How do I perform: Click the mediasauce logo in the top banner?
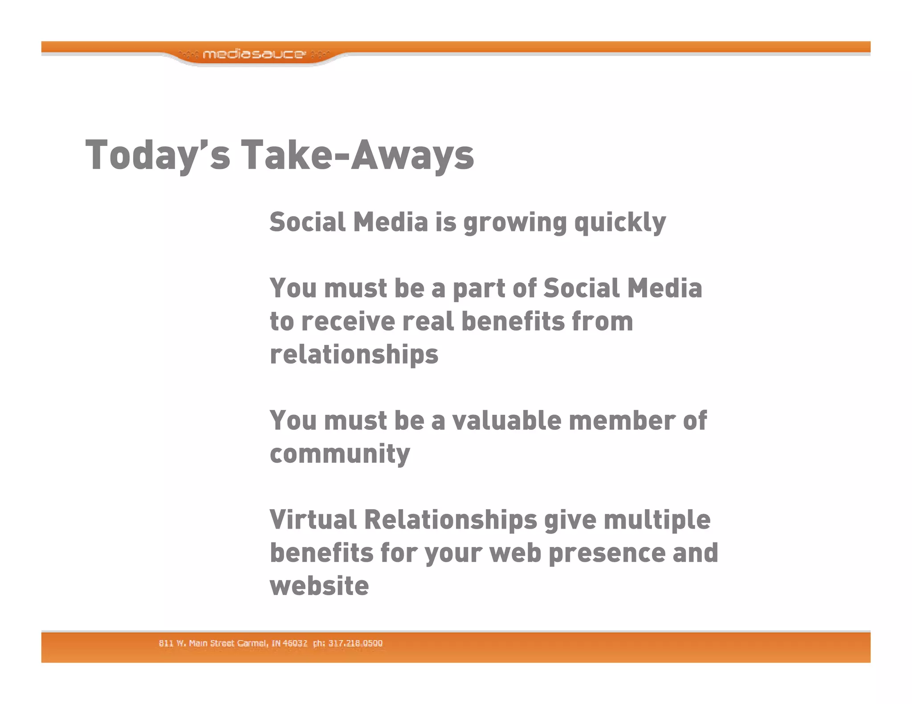point(254,54)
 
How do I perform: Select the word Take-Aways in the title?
point(357,154)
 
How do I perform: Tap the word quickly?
point(620,222)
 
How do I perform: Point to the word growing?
point(515,222)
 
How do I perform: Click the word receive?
point(348,321)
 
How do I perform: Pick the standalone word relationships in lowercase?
point(354,355)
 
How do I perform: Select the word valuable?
point(506,421)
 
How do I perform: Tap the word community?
point(340,454)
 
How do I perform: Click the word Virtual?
point(313,519)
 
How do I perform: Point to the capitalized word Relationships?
point(450,519)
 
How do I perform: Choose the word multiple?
point(657,519)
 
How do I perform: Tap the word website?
point(319,586)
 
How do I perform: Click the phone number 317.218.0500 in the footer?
point(355,643)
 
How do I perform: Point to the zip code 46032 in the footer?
point(295,643)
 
